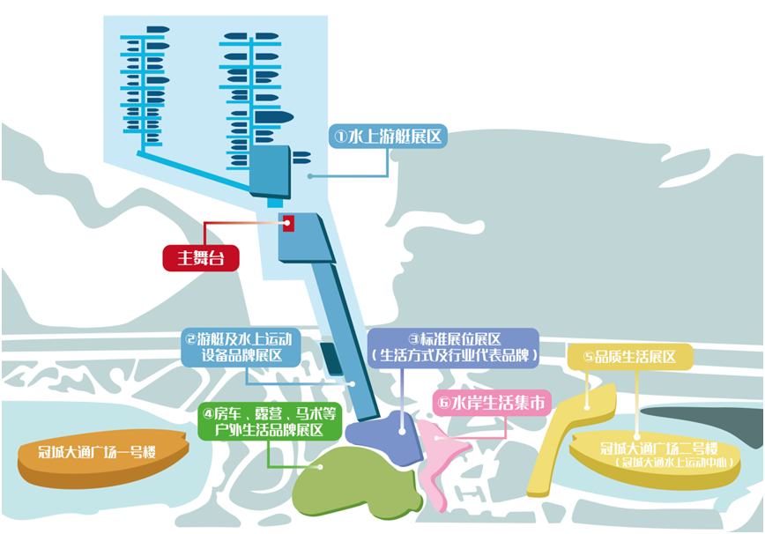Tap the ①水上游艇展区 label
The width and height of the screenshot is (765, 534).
click(x=388, y=137)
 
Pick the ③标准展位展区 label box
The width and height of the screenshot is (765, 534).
click(x=453, y=346)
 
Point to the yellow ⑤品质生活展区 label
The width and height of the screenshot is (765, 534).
click(x=633, y=357)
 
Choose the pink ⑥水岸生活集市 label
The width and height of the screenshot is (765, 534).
click(x=490, y=404)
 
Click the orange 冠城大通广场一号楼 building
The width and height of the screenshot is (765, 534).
click(x=102, y=455)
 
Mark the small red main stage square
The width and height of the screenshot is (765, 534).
click(x=288, y=224)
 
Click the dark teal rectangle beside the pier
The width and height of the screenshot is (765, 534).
click(x=330, y=358)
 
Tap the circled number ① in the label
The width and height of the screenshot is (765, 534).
click(x=341, y=137)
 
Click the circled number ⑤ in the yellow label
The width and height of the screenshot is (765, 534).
click(x=588, y=357)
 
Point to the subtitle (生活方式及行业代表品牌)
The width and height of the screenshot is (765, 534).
click(x=453, y=354)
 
